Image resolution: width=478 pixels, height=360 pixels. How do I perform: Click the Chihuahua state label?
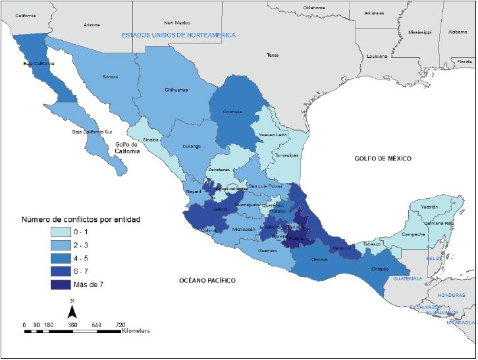click(x=176, y=90)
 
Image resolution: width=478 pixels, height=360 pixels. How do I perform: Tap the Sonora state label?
click(x=110, y=77)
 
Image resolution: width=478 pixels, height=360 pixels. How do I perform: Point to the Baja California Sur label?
click(x=89, y=132)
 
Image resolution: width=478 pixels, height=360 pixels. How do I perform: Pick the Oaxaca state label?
click(x=319, y=259)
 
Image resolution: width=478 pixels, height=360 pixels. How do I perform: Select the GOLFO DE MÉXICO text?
click(x=382, y=159)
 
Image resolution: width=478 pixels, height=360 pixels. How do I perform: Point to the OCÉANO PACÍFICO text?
click(x=207, y=280)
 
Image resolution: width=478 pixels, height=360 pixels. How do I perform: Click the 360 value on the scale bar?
click(x=72, y=325)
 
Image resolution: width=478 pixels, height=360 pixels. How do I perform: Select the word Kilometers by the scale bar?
click(x=136, y=330)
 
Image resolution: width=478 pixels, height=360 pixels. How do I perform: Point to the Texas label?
click(x=273, y=55)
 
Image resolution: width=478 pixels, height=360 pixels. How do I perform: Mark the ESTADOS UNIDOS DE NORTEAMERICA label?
click(x=178, y=35)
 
